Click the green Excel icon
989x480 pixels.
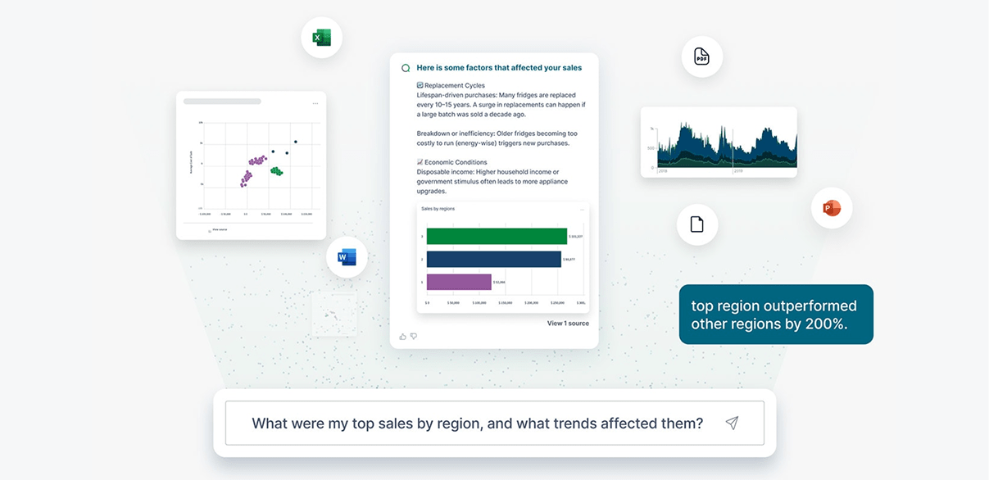[x=321, y=38]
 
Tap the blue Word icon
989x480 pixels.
[x=347, y=257]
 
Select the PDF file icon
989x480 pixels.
[x=701, y=57]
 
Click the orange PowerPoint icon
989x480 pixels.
[x=832, y=208]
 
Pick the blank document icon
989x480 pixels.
[x=696, y=224]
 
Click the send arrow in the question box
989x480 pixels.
[x=732, y=423]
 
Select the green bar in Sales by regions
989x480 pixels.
[x=496, y=237]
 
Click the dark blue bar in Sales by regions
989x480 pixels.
[x=493, y=260]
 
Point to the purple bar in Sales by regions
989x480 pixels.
[x=458, y=282]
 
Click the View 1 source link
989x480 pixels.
[x=568, y=324]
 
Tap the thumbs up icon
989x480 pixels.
[x=402, y=336]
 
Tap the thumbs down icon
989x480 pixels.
[x=414, y=336]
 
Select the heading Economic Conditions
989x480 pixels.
[x=456, y=162]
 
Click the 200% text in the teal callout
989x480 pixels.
[x=828, y=324]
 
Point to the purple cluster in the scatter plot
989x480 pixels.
[x=252, y=168]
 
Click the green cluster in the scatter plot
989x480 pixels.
[x=276, y=171]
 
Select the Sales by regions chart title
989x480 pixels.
[x=438, y=209]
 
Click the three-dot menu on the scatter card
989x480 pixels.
[x=315, y=103]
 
